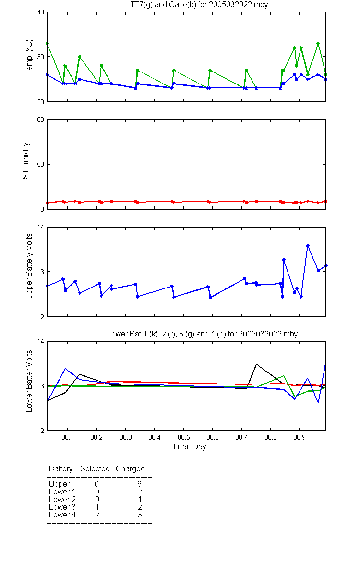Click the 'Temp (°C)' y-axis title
pos(29,57)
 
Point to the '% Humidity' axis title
pos(26,161)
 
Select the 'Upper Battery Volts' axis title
pos(29,266)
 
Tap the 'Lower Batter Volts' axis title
pos(29,381)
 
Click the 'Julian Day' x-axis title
pos(189,447)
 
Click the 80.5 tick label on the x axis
pos(183,437)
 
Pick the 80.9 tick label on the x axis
pos(300,437)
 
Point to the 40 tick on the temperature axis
pos(41,12)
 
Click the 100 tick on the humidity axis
pos(39,120)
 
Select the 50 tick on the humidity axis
pos(41,164)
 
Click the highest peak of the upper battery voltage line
pos(308,246)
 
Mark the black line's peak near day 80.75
pos(256,364)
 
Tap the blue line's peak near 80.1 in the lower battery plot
pos(65,369)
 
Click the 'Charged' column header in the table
pos(130,469)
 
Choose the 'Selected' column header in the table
pos(95,468)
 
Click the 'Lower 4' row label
pos(62,515)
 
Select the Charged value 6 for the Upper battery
pos(139,484)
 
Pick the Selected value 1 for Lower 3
pos(97,507)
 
